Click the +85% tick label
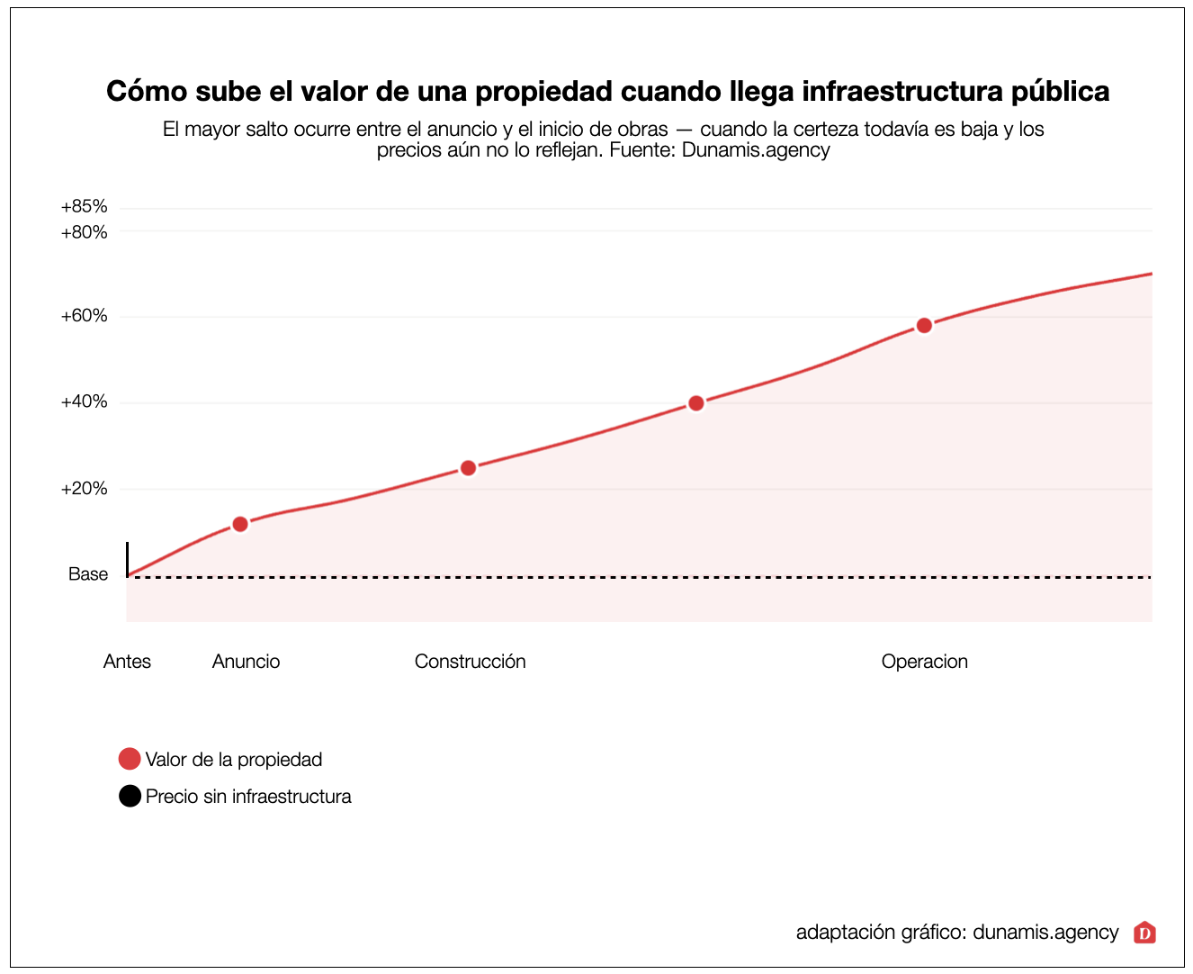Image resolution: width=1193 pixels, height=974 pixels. (84, 207)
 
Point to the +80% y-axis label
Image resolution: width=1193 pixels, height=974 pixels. (84, 232)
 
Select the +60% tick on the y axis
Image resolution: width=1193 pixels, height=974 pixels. (84, 316)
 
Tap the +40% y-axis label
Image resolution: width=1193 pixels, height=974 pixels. (84, 401)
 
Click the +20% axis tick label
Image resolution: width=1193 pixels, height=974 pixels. (84, 489)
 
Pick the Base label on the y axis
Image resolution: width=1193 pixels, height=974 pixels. (88, 574)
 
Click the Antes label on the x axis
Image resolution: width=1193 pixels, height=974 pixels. (127, 662)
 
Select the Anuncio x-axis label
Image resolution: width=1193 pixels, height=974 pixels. (246, 662)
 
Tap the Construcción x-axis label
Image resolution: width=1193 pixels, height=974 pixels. (470, 662)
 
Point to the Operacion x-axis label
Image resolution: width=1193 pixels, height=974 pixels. (924, 662)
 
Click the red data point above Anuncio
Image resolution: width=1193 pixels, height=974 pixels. (240, 524)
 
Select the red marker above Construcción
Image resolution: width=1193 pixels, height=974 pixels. (468, 468)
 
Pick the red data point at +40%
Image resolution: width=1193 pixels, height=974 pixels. (695, 403)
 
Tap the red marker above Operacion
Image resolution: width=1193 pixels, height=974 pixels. (924, 325)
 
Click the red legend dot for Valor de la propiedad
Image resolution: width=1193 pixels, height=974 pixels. (130, 759)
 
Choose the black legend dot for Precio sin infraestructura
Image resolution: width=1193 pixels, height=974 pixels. (130, 797)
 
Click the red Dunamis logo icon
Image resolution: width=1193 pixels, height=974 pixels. (1144, 933)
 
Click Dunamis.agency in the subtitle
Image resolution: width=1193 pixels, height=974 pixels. (756, 150)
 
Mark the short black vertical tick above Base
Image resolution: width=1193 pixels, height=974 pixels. (127, 558)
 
